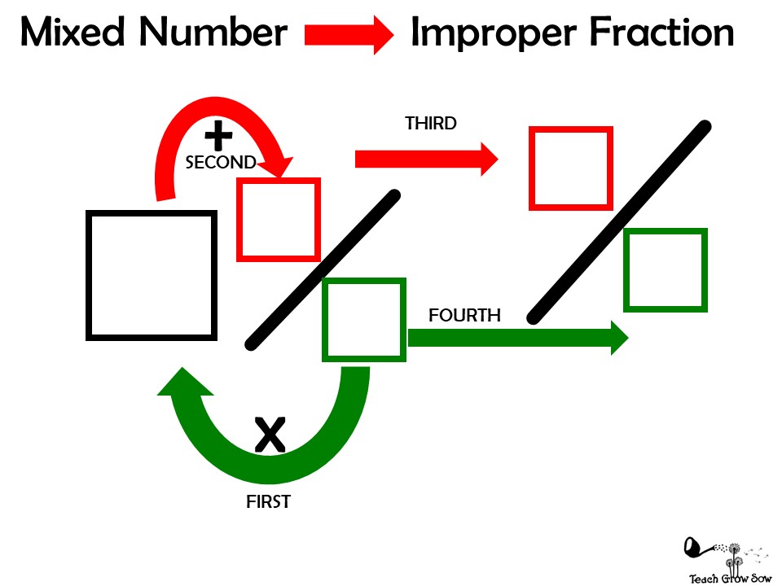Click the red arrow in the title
(x=349, y=34)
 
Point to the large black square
(x=152, y=274)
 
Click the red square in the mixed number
(x=278, y=220)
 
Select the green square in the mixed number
(x=364, y=319)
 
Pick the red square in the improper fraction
(x=570, y=168)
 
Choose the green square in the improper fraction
(x=665, y=270)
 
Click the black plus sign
(x=218, y=136)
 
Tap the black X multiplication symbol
(x=270, y=435)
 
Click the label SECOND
(x=221, y=163)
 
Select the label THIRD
(x=431, y=124)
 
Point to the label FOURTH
(x=464, y=315)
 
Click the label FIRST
(x=268, y=502)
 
